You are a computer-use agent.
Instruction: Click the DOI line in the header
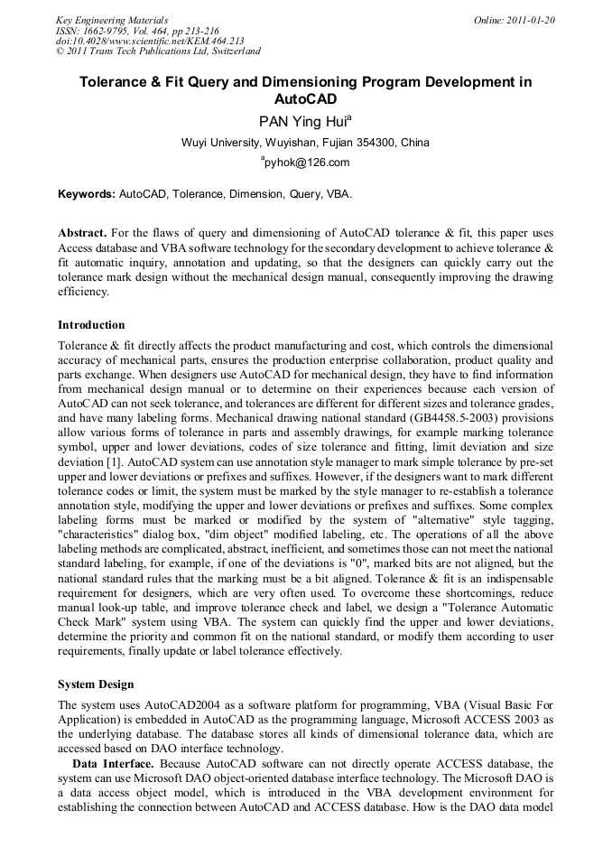click(150, 41)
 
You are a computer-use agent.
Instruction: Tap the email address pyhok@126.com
click(307, 163)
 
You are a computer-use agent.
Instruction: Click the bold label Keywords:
click(87, 194)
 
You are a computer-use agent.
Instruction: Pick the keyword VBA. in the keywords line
click(339, 194)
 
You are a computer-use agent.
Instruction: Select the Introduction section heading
click(91, 325)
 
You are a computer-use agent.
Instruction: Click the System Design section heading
click(96, 684)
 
